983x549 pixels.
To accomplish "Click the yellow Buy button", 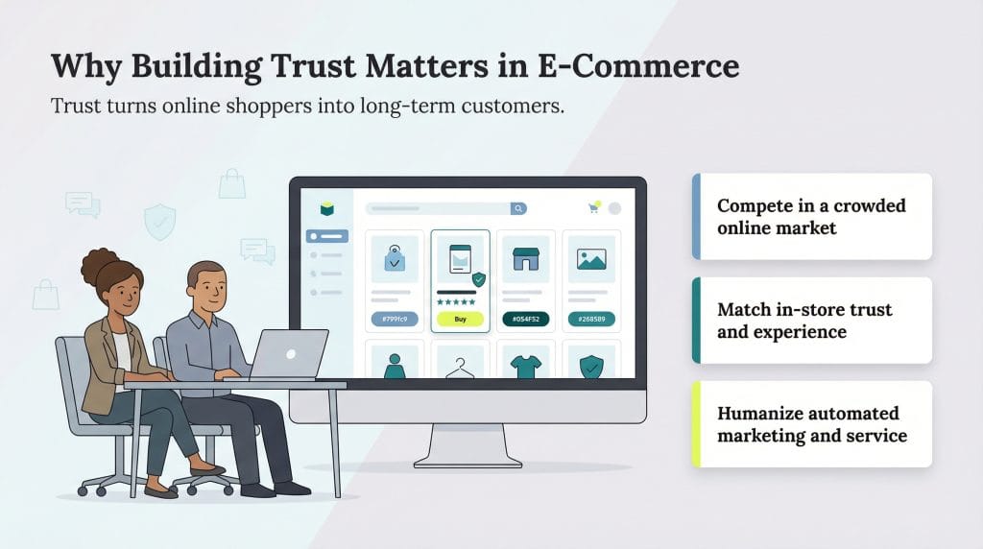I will tap(460, 320).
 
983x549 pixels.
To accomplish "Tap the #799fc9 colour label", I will tap(395, 320).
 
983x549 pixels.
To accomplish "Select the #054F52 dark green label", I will tap(525, 320).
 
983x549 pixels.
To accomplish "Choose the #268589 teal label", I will tap(590, 320).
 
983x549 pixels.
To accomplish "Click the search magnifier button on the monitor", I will tap(518, 208).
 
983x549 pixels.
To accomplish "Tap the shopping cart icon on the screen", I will tap(593, 207).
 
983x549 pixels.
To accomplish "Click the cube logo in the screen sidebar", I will tap(326, 208).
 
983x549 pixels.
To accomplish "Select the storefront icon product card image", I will tap(525, 259).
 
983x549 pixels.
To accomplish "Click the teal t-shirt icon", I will tap(525, 365).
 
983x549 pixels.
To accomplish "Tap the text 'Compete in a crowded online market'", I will tap(810, 217).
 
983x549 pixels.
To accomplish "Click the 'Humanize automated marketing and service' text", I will tap(810, 424).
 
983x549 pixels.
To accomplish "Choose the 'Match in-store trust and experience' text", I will tap(803, 321).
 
